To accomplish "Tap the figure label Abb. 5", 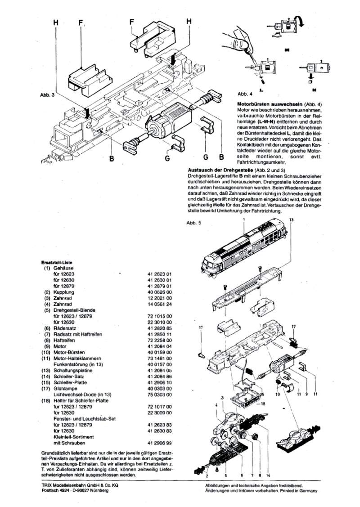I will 193,222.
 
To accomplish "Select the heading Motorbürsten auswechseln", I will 269,104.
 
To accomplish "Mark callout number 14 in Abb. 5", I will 268,475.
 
